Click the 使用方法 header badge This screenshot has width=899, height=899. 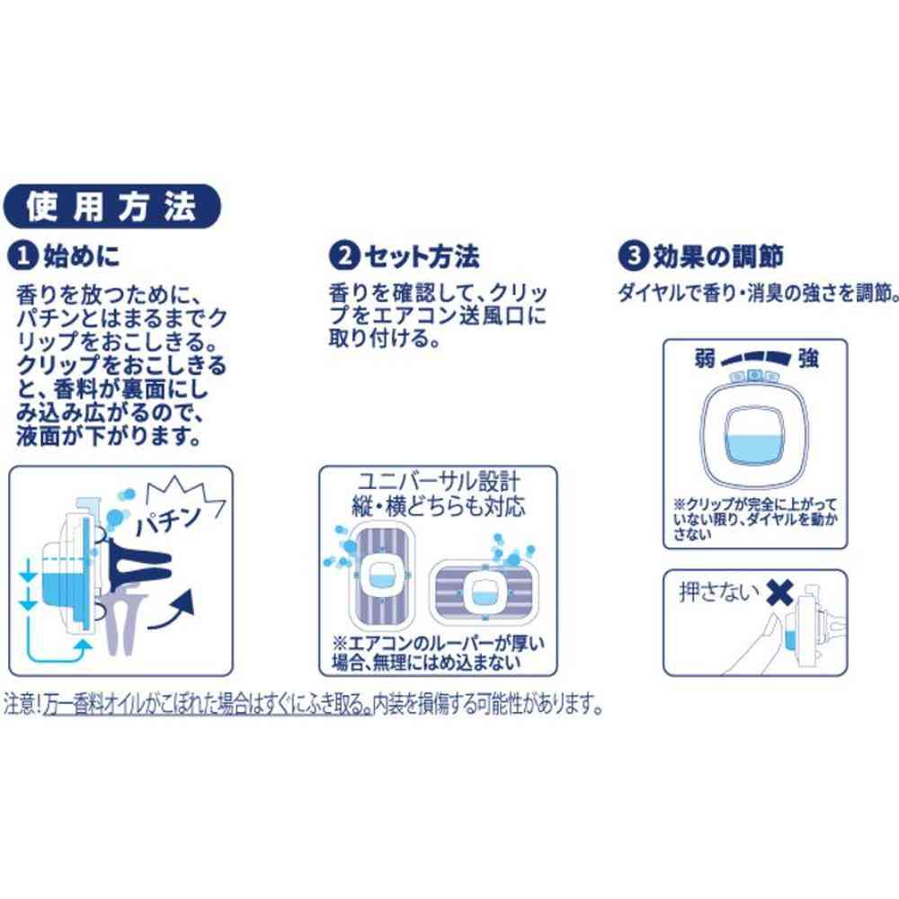(x=111, y=207)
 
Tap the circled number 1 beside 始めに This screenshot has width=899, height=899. (x=23, y=255)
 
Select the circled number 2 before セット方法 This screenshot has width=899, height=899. (x=344, y=255)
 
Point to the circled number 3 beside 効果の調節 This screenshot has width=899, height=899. (x=634, y=255)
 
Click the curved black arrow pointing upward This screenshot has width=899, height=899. (x=172, y=610)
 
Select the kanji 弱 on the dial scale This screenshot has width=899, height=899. (x=705, y=359)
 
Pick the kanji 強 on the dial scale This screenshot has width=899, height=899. (x=808, y=359)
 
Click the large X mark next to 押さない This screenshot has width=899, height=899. (x=779, y=592)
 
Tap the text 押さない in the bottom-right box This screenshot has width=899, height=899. (x=719, y=592)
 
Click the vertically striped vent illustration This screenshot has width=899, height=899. (x=380, y=576)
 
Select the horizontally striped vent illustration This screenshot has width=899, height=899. (x=485, y=592)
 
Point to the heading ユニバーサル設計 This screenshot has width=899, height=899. (x=440, y=482)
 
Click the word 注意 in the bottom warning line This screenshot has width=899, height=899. (x=20, y=705)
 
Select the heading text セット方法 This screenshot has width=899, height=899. (x=422, y=255)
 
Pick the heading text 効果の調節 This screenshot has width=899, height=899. (x=718, y=255)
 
